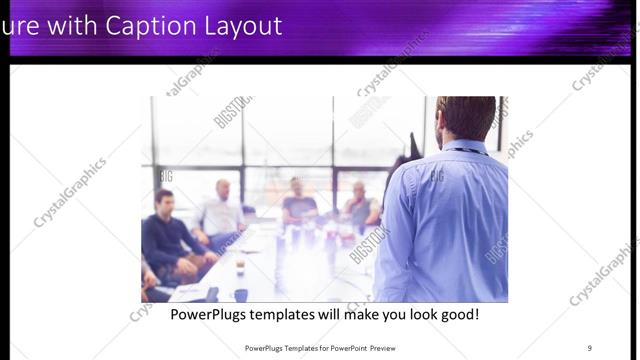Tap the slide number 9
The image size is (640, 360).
pos(589,348)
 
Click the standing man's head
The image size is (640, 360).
pos(466,116)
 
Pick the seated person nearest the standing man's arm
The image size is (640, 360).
pos(362,205)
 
